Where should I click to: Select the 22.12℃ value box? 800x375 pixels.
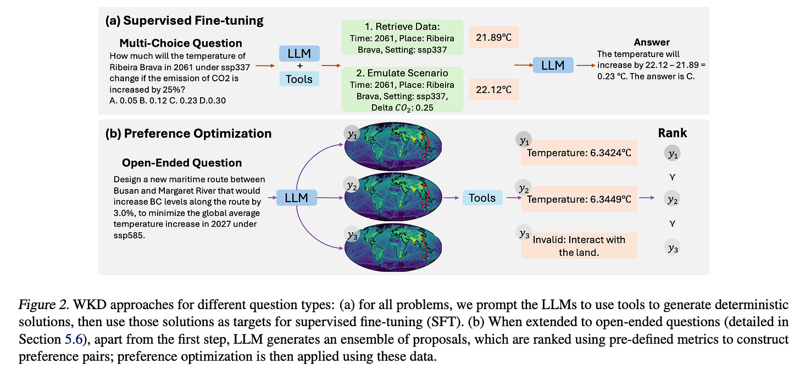[493, 89]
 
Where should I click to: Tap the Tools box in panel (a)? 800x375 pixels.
[299, 79]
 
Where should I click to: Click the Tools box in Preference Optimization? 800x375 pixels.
[482, 198]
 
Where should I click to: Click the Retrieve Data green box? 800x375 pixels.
[402, 37]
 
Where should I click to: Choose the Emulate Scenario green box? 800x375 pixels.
[402, 89]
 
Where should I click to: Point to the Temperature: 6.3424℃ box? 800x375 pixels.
[579, 153]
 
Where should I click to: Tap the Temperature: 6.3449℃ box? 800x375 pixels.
[579, 199]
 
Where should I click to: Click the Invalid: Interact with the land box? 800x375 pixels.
[579, 245]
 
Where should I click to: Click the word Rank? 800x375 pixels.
[673, 133]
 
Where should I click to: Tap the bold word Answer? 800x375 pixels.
[652, 42]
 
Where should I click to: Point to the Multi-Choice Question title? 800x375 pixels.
[180, 43]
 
